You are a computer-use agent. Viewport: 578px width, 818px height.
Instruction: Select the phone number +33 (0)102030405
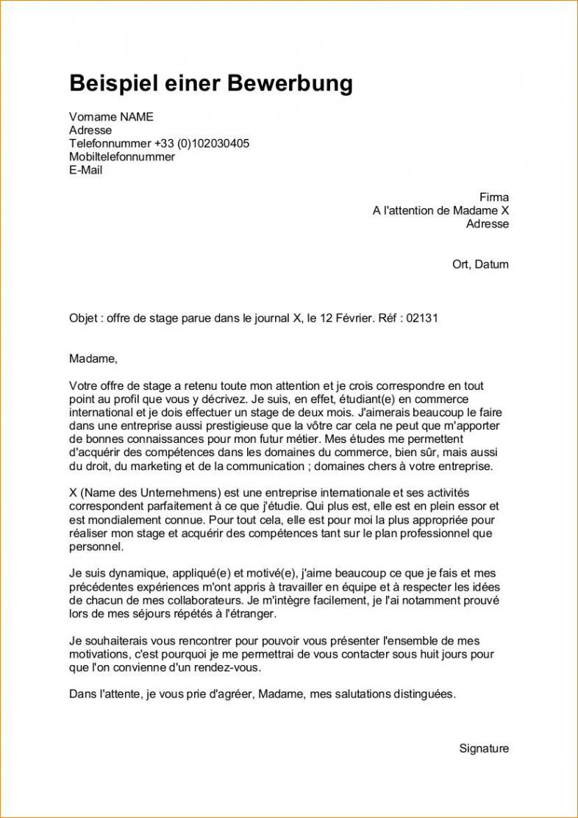(201, 143)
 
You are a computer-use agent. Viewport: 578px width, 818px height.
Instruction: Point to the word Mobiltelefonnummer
(122, 157)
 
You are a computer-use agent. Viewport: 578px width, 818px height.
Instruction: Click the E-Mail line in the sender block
(86, 170)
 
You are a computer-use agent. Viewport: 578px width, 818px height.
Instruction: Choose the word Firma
(493, 197)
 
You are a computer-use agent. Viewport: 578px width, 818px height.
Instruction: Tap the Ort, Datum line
(480, 264)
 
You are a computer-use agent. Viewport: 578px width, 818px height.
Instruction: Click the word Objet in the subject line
(84, 318)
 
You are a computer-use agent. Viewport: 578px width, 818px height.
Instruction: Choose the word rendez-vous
(230, 668)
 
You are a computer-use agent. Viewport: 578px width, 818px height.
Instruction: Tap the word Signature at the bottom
(484, 749)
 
